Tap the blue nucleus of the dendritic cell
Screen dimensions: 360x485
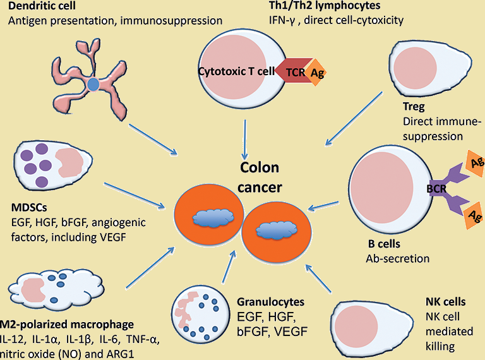click(92, 83)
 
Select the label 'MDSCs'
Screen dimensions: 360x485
click(29, 208)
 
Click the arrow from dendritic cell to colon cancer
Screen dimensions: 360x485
click(153, 139)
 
